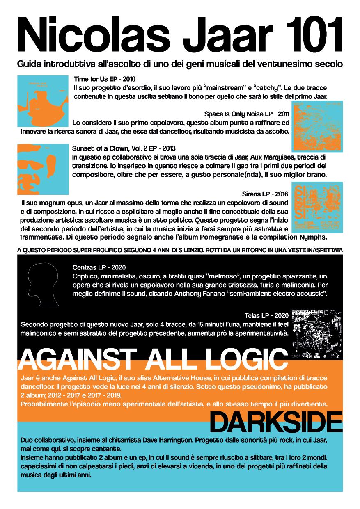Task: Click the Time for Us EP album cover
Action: pos(43,101)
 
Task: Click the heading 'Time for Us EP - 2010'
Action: pos(105,78)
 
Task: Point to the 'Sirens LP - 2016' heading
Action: pos(266,194)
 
